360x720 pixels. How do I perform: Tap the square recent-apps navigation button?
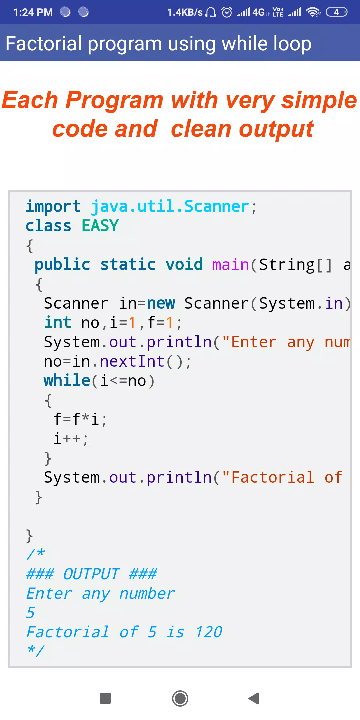click(105, 698)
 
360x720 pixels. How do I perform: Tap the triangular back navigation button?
click(254, 698)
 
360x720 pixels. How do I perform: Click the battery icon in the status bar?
click(337, 12)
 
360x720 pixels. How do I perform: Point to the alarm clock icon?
click(227, 12)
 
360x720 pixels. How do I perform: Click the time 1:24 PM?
click(33, 12)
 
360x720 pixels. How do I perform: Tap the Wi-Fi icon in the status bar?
click(313, 12)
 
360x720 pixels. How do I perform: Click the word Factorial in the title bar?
click(44, 44)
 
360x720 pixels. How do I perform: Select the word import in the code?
click(53, 207)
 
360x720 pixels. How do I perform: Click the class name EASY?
click(100, 226)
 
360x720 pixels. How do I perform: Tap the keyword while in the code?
click(67, 380)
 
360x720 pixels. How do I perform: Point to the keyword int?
click(58, 322)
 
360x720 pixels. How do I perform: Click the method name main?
click(231, 265)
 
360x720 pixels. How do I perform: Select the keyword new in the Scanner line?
click(161, 304)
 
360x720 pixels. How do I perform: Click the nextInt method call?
click(132, 361)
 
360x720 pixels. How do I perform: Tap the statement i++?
click(71, 439)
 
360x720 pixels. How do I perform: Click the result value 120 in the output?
click(209, 632)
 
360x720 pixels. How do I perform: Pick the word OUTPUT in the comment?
click(91, 574)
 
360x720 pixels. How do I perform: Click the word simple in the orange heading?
click(319, 101)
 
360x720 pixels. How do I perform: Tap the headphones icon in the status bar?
click(211, 12)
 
